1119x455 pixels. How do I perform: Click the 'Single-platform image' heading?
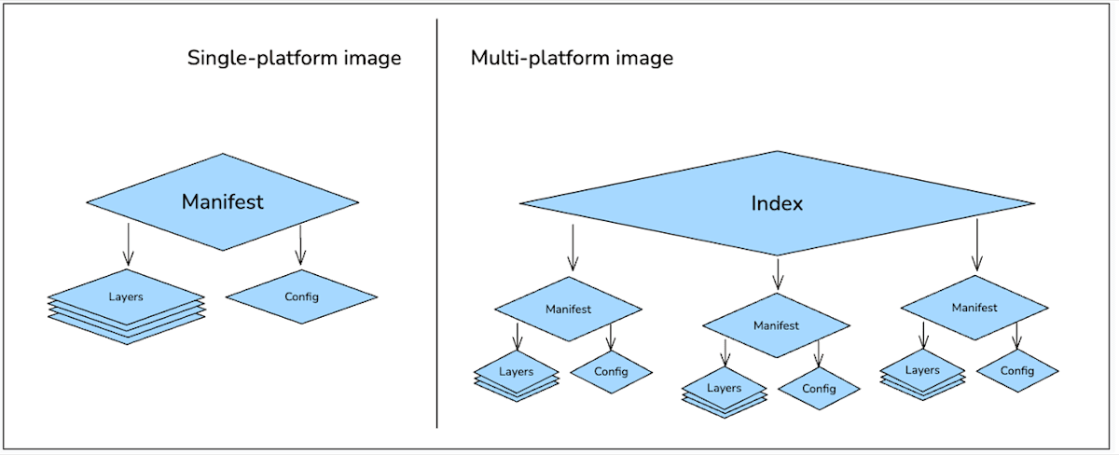click(295, 58)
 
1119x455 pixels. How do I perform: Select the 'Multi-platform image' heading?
click(572, 58)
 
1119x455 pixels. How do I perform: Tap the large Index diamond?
click(777, 203)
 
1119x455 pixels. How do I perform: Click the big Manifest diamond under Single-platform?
click(223, 201)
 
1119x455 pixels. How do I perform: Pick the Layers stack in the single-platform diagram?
click(127, 307)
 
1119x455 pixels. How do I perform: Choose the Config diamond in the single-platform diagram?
click(302, 296)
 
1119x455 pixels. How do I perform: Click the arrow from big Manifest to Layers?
click(129, 244)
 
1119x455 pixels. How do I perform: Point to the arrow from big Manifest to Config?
click(300, 244)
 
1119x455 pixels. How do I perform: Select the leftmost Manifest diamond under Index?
click(569, 310)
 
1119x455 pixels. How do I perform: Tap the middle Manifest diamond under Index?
click(776, 325)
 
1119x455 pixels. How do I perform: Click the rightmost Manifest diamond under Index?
click(974, 308)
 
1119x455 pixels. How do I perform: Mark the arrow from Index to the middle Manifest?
click(778, 273)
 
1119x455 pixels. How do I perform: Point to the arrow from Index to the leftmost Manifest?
click(573, 247)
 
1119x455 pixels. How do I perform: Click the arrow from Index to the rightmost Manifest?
click(977, 244)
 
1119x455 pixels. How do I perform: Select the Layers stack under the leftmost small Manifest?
click(517, 376)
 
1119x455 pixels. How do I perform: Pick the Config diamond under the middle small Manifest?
click(820, 389)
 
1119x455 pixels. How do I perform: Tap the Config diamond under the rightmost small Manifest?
click(1017, 370)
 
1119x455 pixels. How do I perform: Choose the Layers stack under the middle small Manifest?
click(725, 393)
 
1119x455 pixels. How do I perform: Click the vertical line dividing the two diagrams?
click(437, 223)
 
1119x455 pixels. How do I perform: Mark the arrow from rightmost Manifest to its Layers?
click(924, 336)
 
